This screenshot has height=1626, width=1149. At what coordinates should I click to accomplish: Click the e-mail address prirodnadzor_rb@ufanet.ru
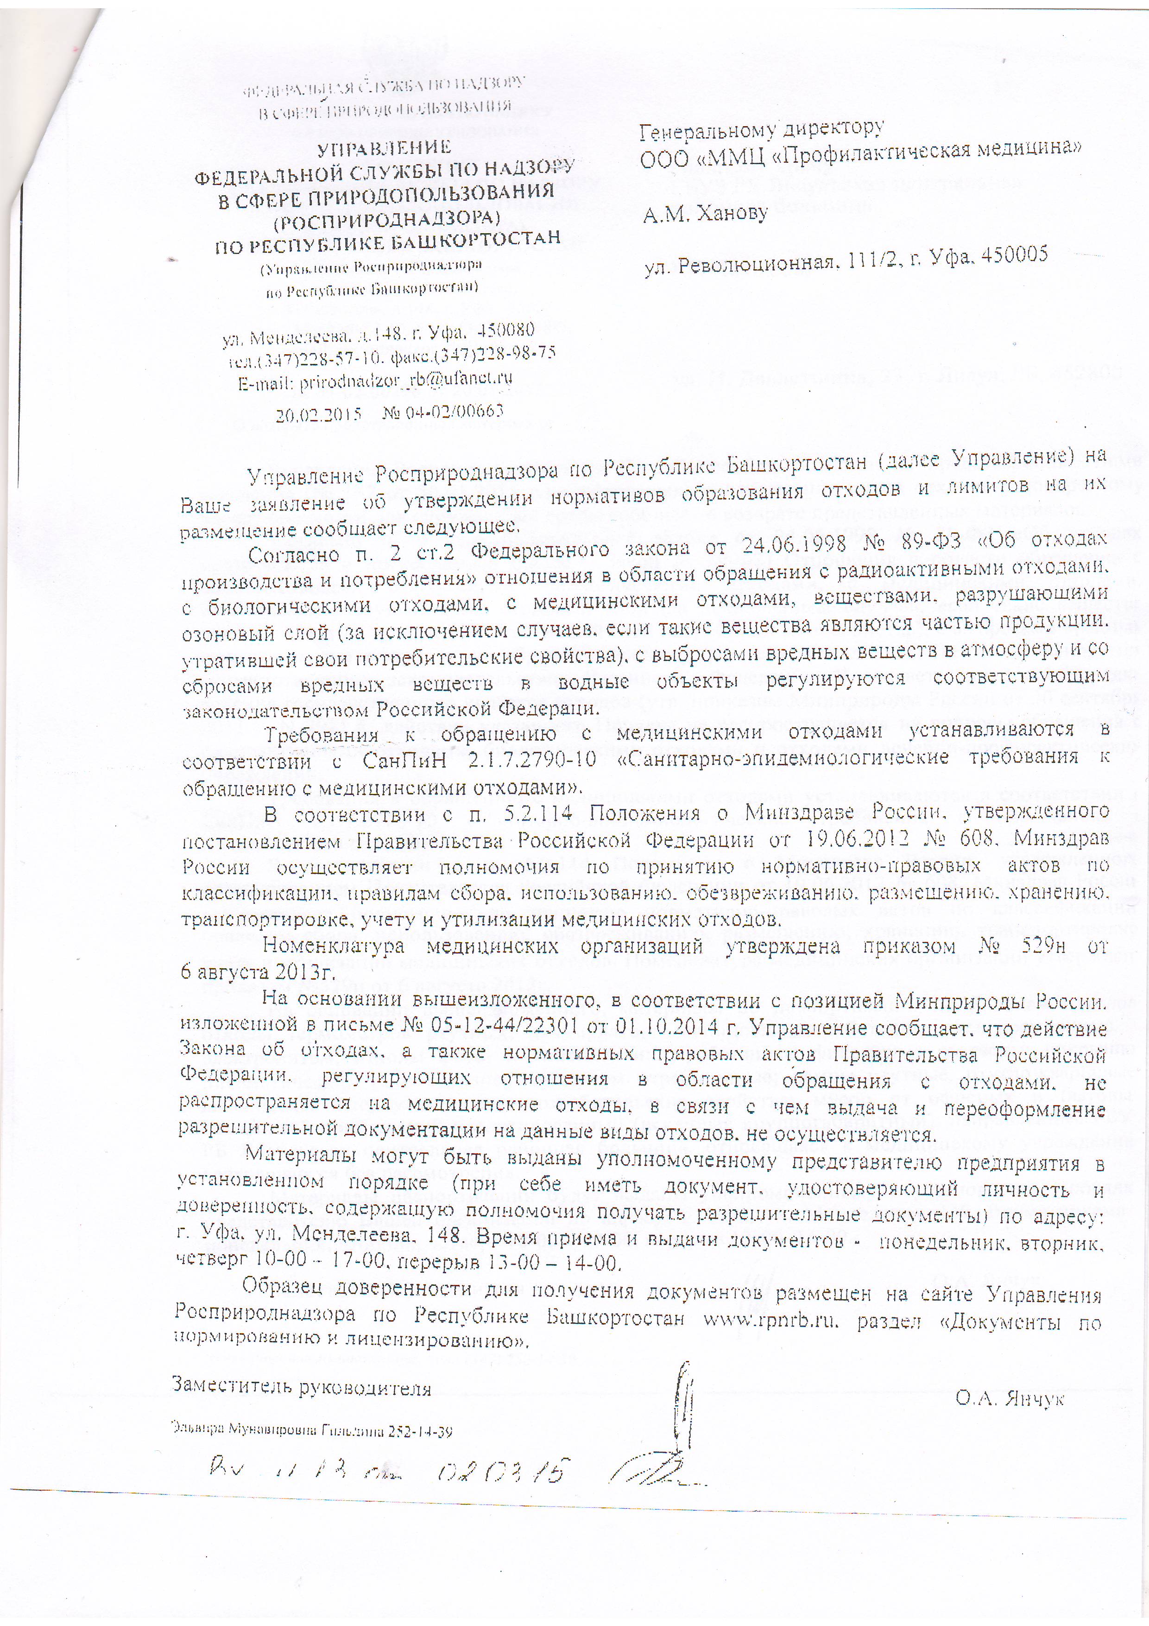pyautogui.click(x=406, y=380)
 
